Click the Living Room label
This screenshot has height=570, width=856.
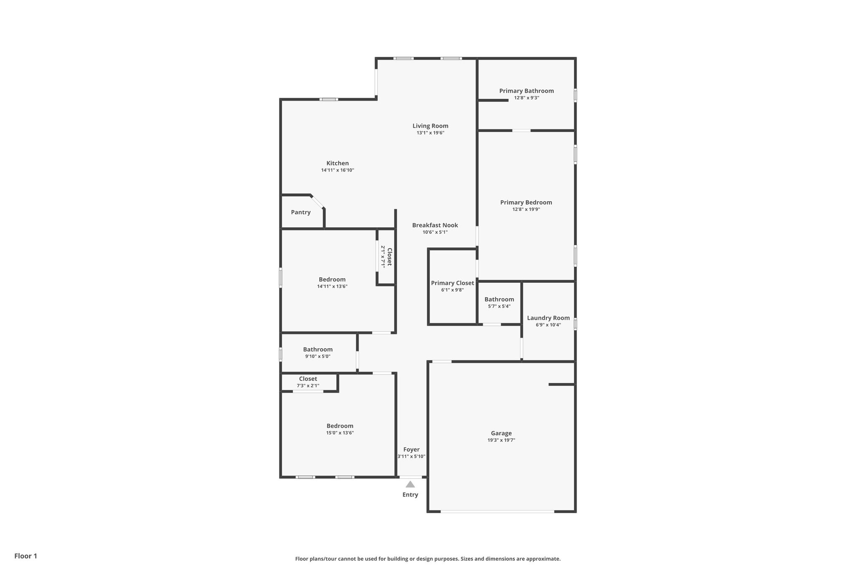pos(430,126)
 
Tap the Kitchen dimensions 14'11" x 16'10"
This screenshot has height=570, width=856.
pos(337,170)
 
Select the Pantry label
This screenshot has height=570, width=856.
pos(301,212)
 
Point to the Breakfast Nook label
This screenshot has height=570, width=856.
pos(435,225)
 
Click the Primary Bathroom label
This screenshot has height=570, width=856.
pos(526,91)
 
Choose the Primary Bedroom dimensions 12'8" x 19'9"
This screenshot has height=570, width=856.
pos(526,210)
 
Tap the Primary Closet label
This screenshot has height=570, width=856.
pos(452,283)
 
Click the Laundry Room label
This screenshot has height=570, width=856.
pos(548,318)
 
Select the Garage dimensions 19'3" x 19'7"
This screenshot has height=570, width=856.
pos(501,440)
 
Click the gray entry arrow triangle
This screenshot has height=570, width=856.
pos(410,484)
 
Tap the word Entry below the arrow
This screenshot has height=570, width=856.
pos(410,495)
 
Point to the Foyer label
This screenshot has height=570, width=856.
pos(411,450)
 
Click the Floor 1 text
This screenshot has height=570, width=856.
pos(25,556)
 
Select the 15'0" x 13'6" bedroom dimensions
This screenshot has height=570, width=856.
pos(340,433)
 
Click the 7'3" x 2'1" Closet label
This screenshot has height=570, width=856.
pos(308,379)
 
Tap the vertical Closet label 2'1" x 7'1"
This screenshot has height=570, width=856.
pos(389,257)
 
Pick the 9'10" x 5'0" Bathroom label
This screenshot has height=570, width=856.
pos(318,350)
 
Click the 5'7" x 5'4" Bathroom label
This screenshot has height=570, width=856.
pos(499,299)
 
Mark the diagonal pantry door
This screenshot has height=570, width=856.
pos(318,202)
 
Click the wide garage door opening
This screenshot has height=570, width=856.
pos(497,512)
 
